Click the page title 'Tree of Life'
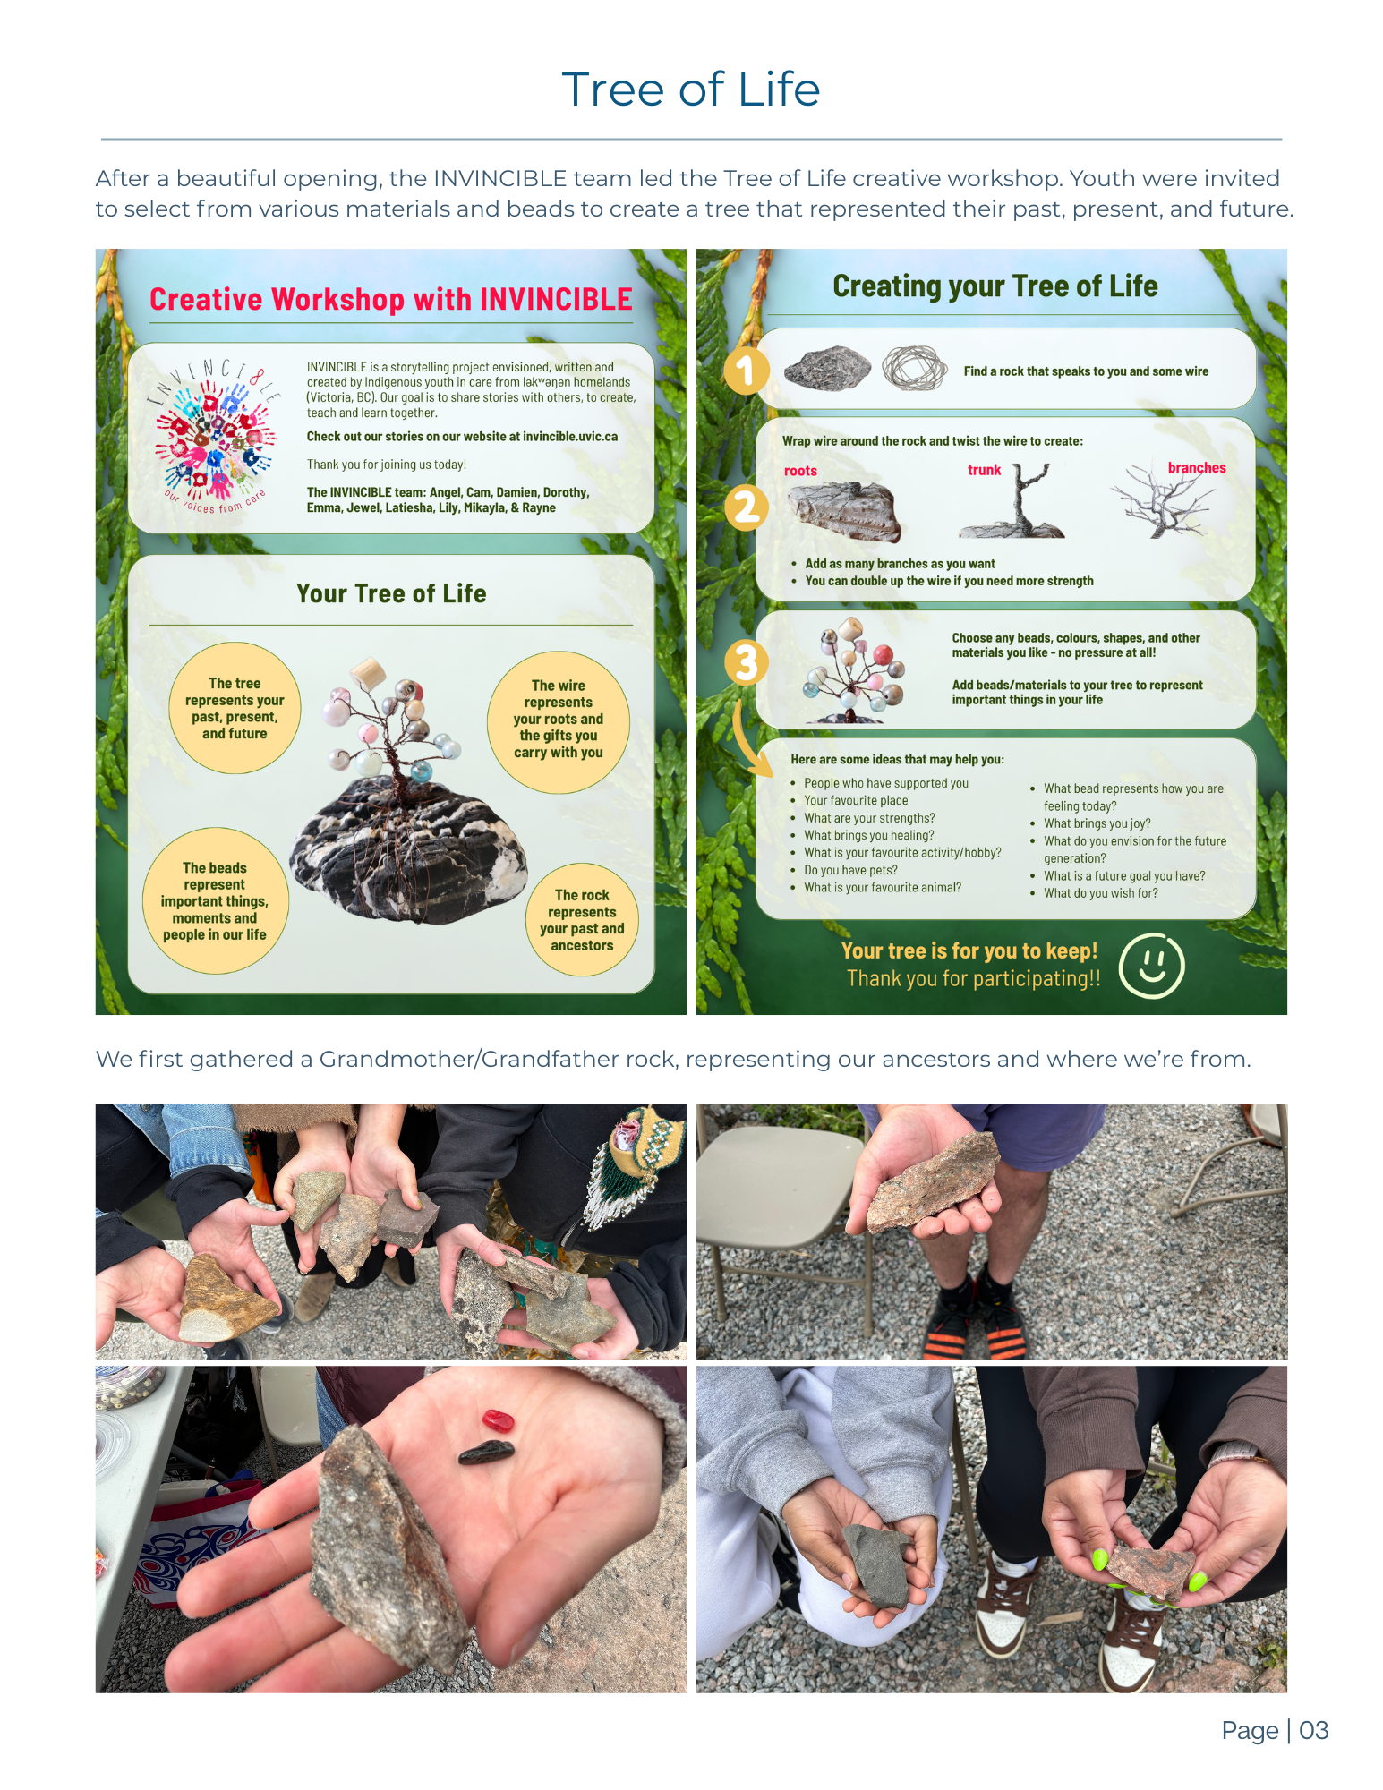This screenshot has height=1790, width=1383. [690, 89]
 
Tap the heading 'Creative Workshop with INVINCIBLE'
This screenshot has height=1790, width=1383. [391, 299]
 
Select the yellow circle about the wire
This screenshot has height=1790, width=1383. [559, 721]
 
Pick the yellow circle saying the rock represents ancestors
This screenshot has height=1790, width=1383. [582, 919]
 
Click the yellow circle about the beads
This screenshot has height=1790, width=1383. [215, 900]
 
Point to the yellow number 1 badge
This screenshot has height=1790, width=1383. [746, 371]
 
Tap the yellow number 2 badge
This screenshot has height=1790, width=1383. [746, 507]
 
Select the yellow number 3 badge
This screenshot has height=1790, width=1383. [746, 663]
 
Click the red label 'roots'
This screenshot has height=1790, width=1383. [800, 471]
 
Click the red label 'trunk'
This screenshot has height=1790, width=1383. [984, 470]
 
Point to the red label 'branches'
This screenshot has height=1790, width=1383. [1197, 468]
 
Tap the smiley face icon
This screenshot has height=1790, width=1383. [1152, 966]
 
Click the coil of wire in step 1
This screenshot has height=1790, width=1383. [914, 368]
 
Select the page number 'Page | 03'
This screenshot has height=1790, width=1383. [1275, 1730]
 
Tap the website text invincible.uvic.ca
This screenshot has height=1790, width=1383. [570, 437]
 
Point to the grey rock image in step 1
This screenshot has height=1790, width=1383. [827, 368]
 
